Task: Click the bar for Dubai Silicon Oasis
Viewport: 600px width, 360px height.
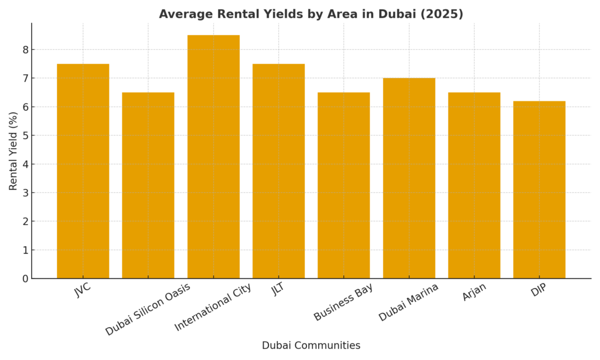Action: click(148, 185)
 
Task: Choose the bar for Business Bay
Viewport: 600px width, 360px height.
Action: click(343, 185)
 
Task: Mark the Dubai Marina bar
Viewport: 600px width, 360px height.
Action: click(409, 178)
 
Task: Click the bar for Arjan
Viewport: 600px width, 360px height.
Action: click(474, 185)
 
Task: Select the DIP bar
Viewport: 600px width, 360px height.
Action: click(539, 189)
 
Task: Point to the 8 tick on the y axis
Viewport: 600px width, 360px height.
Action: click(25, 50)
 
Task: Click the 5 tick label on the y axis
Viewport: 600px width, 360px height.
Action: click(25, 135)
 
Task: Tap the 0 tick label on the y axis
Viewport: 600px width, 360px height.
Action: click(25, 279)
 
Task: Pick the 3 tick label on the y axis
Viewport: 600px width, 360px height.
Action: click(25, 193)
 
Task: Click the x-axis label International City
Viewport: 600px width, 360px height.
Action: click(213, 307)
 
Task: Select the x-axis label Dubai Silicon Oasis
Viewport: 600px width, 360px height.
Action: click(148, 309)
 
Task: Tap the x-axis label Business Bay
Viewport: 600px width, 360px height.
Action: click(343, 302)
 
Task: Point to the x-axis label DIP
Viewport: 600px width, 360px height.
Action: click(538, 290)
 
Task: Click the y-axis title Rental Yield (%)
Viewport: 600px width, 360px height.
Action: click(13, 151)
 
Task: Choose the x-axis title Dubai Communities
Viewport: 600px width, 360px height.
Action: click(311, 346)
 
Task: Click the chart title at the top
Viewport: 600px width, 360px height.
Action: click(311, 14)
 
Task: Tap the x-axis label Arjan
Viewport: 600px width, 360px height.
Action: click(473, 291)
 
